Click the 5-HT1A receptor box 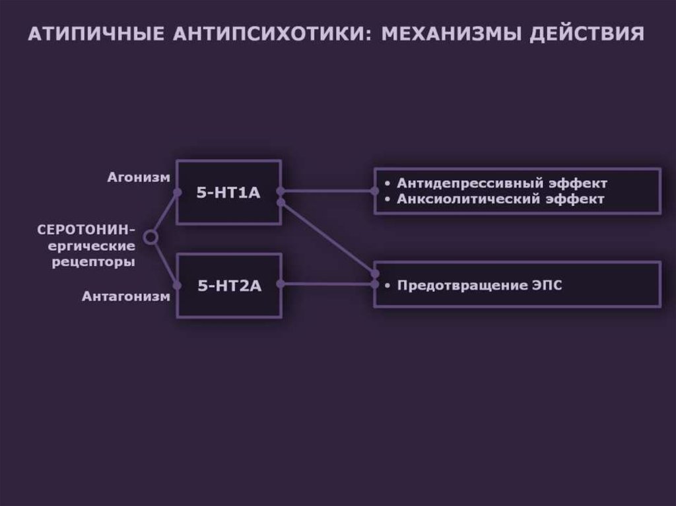click(228, 193)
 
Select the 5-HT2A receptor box click(228, 285)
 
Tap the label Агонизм click(139, 177)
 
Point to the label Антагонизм click(125, 296)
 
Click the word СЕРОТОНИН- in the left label click(86, 230)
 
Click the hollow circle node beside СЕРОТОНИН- click(151, 237)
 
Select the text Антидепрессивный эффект click(502, 183)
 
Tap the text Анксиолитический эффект click(501, 199)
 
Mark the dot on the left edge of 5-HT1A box click(177, 193)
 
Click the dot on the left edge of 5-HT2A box click(177, 285)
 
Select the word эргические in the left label click(95, 246)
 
